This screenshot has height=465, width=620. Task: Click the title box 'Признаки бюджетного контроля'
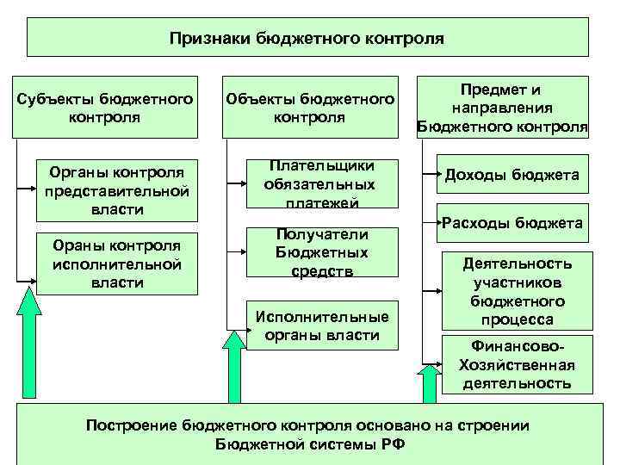307,38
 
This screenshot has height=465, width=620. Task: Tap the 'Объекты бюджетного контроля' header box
310,107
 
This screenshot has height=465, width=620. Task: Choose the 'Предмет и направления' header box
502,107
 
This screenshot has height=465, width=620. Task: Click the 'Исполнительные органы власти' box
321,325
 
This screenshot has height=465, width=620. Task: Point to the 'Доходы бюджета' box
512,176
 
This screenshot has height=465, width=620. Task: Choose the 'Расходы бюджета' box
512,223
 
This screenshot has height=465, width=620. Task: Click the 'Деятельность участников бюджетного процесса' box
518,290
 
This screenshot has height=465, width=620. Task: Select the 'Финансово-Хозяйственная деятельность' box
518,364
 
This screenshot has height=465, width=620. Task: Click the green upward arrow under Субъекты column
30,344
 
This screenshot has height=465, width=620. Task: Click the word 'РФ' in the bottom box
392,444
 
